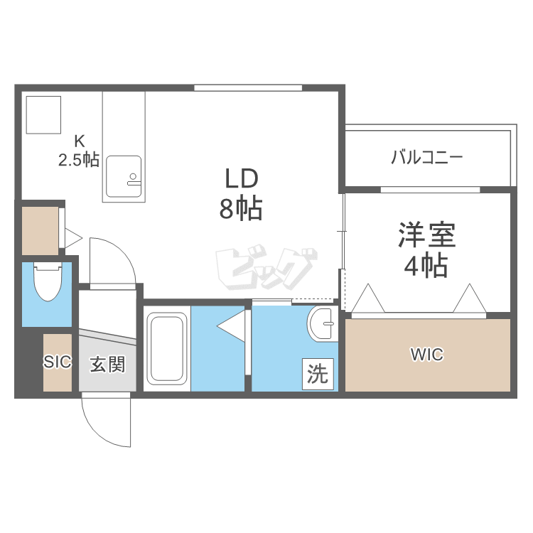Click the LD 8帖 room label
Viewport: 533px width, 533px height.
point(241,194)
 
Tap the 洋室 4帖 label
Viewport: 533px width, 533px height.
point(426,250)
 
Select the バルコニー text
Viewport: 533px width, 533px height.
point(427,157)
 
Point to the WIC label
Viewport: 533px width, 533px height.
point(427,355)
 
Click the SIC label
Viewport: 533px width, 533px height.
point(57,362)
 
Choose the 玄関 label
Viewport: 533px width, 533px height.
point(108,364)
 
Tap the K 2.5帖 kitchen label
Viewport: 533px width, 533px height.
point(79,150)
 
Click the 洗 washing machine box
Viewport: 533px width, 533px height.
point(318,374)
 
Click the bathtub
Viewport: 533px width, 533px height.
point(166,349)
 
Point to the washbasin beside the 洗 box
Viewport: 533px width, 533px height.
point(322,324)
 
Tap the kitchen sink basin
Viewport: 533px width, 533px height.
point(124,176)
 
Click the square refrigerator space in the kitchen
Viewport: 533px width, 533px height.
point(43,114)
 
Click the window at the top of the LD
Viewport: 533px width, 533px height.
point(248,88)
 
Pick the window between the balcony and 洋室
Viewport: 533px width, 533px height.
point(431,190)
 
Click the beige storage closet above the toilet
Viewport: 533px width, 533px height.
point(40,231)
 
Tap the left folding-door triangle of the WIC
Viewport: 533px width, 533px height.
point(368,298)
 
